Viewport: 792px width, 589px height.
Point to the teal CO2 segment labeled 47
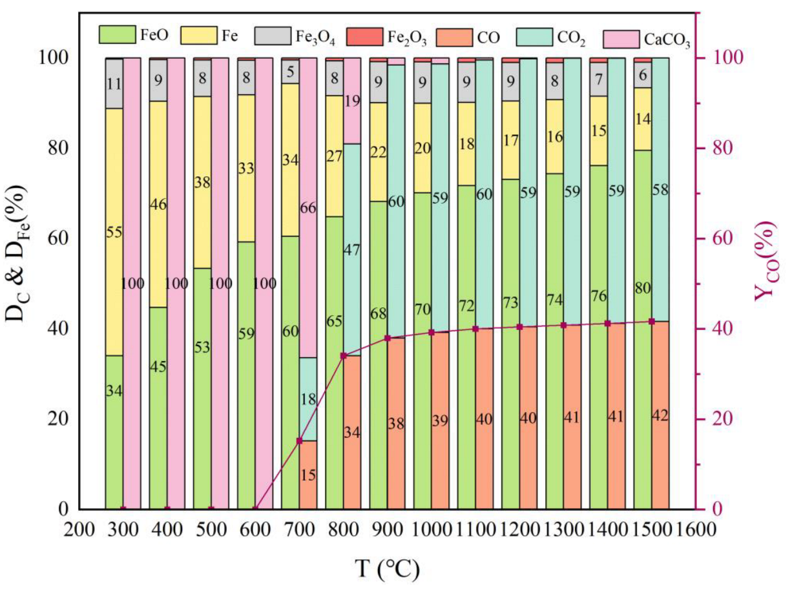point(352,249)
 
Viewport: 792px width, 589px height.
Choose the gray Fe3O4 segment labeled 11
point(114,83)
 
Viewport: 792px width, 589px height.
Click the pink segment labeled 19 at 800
point(352,101)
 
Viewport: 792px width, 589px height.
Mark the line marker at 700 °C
point(299,441)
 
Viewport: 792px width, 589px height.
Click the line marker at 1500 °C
point(651,322)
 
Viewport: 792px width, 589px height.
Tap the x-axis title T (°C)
point(387,568)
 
